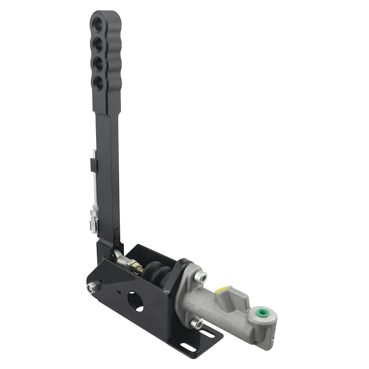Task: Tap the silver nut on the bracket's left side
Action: click(x=91, y=287)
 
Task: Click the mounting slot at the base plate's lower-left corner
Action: click(x=184, y=336)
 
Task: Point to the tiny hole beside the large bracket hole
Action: click(x=118, y=292)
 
